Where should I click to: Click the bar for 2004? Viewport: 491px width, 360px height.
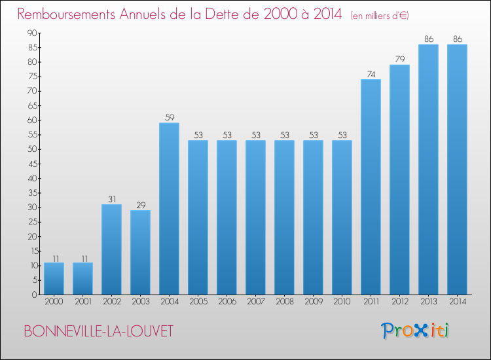169,209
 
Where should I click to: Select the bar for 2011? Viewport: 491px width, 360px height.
371,187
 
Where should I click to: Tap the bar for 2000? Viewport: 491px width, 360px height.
54,279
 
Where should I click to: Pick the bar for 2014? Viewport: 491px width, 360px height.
457,170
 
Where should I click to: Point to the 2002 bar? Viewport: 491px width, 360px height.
111,249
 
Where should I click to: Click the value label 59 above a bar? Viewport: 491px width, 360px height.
169,118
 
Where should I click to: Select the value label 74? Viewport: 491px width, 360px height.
371,74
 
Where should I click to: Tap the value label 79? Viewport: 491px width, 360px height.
399,60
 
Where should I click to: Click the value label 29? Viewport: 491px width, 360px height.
140,205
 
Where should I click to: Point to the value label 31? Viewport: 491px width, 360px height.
111,199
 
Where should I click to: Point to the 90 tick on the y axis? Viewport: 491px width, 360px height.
31,33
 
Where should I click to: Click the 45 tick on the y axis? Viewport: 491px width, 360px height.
31,164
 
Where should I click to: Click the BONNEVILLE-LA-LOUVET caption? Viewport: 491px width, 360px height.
98,331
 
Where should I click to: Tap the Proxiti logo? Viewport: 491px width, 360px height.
416,331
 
